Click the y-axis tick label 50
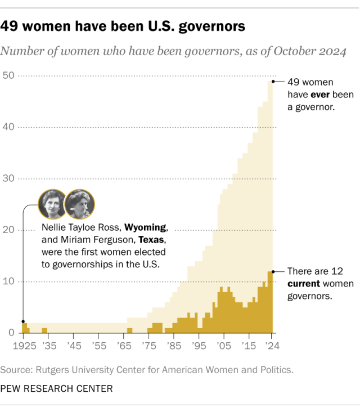pyautogui.click(x=8, y=75)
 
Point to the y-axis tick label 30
pyautogui.click(x=8, y=178)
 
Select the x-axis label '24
pyautogui.click(x=271, y=345)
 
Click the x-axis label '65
pyautogui.click(x=125, y=345)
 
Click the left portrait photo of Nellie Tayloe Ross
pyautogui.click(x=51, y=204)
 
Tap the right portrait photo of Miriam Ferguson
pyautogui.click(x=79, y=204)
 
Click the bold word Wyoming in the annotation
pyautogui.click(x=146, y=228)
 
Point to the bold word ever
pyautogui.click(x=320, y=93)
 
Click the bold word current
pyautogui.click(x=305, y=283)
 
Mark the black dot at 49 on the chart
pyautogui.click(x=273, y=81)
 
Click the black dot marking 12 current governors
pyautogui.click(x=273, y=271)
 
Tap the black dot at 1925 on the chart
pyautogui.click(x=23, y=322)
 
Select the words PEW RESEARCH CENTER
pyautogui.click(x=56, y=388)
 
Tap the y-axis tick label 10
pyautogui.click(x=8, y=281)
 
